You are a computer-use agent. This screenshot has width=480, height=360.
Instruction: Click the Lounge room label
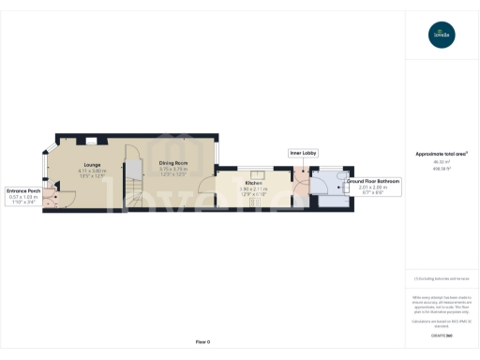(80, 165)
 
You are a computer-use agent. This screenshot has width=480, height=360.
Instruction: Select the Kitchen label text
(253, 182)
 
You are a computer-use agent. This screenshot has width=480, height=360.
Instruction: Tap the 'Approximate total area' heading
(441, 154)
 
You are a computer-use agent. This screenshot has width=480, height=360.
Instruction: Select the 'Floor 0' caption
(202, 342)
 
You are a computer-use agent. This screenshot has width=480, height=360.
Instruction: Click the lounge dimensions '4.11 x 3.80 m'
(80, 171)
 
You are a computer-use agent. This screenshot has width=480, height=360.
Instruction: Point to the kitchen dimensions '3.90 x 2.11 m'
(253, 188)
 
